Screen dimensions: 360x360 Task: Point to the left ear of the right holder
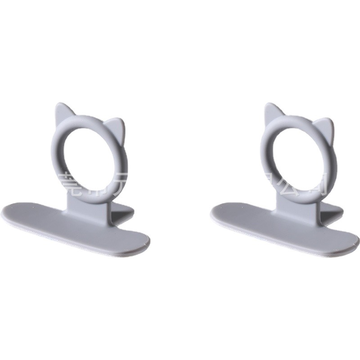pos(271,112)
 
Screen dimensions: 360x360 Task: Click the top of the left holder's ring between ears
pos(90,120)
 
